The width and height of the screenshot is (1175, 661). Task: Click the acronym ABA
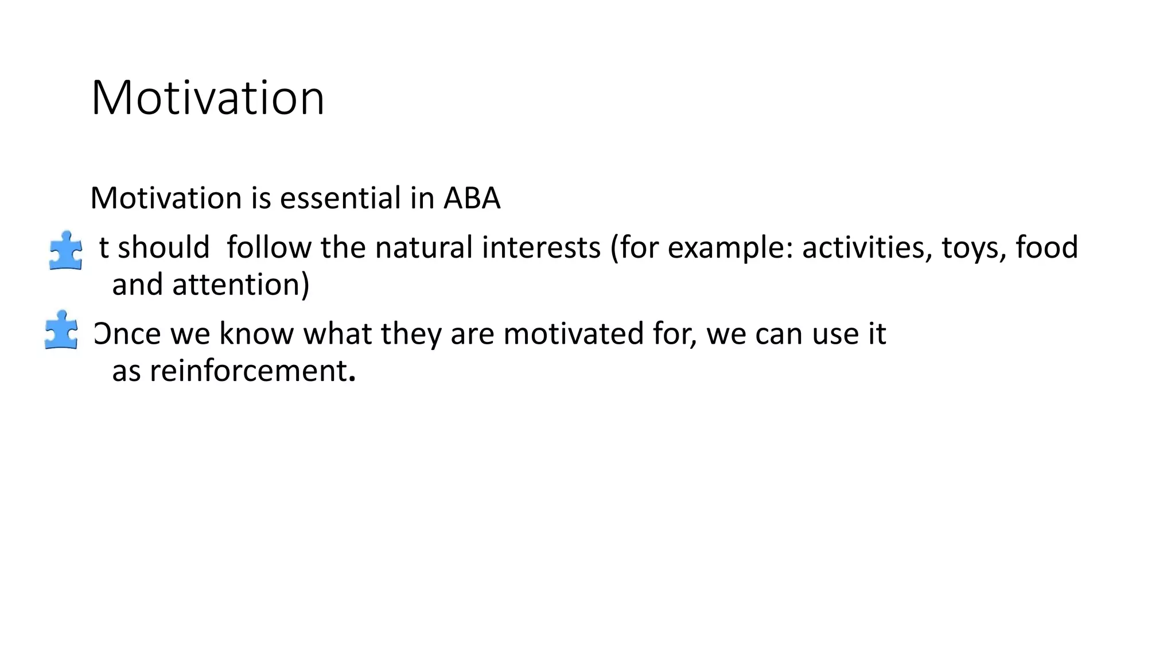point(472,199)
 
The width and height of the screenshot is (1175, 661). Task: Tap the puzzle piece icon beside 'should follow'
point(65,250)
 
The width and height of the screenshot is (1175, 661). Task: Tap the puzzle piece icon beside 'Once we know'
point(61,330)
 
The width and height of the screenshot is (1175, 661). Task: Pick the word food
point(1047,248)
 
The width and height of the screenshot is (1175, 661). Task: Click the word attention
point(236,285)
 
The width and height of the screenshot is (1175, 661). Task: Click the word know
point(256,334)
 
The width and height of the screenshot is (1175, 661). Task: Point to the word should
point(164,248)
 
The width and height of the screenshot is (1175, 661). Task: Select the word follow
point(269,248)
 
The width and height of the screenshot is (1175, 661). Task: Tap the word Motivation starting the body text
point(166,199)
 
